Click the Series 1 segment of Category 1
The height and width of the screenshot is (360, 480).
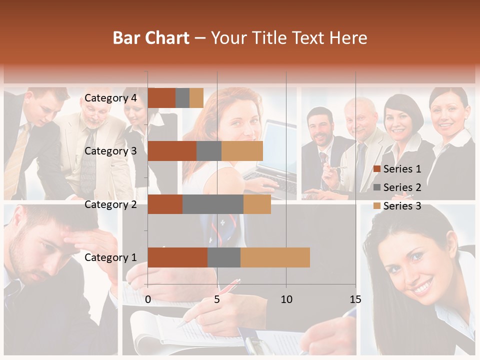click(177, 257)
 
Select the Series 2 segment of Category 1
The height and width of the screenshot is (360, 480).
click(224, 257)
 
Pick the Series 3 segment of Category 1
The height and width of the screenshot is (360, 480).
click(275, 257)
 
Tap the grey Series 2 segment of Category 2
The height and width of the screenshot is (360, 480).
click(213, 204)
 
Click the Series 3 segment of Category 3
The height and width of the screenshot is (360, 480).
click(242, 151)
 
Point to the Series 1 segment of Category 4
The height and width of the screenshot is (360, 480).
click(161, 98)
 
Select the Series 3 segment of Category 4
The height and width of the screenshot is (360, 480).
click(196, 98)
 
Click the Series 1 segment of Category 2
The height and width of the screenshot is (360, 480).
click(165, 204)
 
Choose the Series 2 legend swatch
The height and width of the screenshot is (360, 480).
click(377, 187)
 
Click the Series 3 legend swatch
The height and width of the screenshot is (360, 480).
click(377, 206)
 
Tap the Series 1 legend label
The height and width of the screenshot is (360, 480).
click(402, 169)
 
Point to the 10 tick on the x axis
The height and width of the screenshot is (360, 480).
click(286, 299)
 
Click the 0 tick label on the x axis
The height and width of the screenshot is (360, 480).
click(148, 299)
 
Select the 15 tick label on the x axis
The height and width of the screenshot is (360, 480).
click(355, 299)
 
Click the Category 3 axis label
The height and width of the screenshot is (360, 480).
click(110, 151)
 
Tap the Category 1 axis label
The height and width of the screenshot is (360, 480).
click(110, 257)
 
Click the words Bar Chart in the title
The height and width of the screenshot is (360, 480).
click(151, 38)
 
